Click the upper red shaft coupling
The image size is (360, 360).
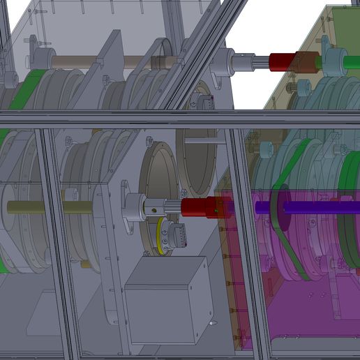(282, 61)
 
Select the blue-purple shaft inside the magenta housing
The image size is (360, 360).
(307, 207)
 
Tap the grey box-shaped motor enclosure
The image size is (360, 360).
(169, 299)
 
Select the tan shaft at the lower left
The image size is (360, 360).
(49, 207)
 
